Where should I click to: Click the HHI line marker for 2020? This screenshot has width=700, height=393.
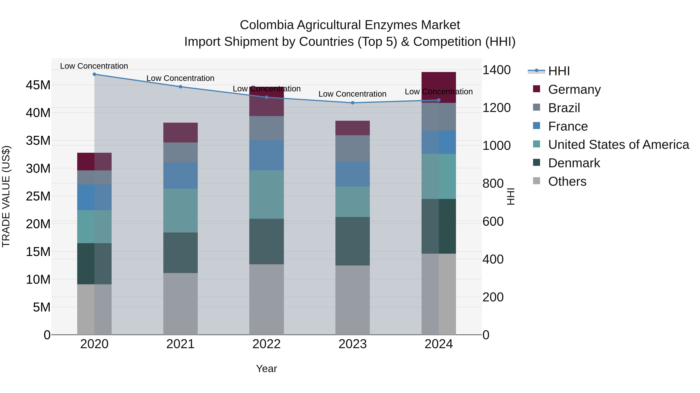point(94,74)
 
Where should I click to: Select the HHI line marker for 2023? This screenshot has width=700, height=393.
point(353,103)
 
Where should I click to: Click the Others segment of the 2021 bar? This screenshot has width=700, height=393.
point(180,304)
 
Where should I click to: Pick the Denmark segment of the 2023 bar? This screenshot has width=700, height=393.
point(353,241)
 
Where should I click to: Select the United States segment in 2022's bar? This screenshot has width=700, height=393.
point(267,194)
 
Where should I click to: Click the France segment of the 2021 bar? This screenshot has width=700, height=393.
point(180,175)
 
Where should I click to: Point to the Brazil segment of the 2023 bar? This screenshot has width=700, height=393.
point(353,148)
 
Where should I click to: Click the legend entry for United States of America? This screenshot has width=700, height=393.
point(618,145)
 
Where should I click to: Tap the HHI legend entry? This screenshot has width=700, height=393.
point(558,71)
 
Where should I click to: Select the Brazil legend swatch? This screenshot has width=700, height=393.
point(536,107)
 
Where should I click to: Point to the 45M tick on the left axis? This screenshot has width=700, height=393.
point(38,85)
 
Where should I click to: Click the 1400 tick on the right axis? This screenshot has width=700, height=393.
point(496,70)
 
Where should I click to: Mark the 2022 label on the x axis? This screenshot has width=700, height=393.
point(267,344)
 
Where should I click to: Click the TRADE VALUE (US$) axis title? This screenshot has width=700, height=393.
point(6,196)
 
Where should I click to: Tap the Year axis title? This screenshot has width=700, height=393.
point(267,369)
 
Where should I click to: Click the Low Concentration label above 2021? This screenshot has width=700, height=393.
point(180,78)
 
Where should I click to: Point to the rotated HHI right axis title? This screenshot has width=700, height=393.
point(511,196)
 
